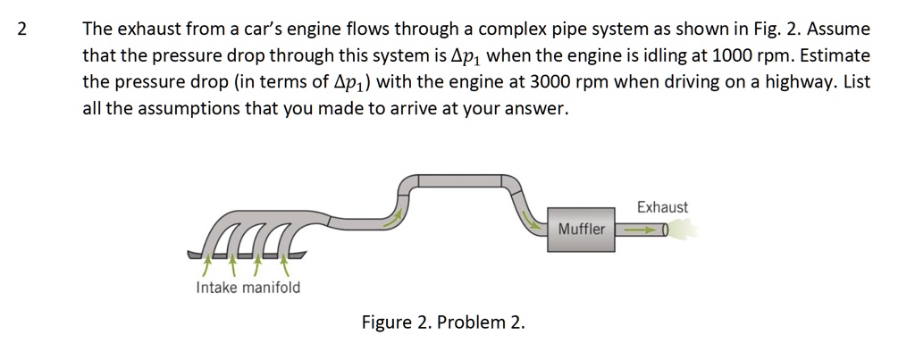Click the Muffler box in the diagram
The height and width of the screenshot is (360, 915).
click(x=582, y=230)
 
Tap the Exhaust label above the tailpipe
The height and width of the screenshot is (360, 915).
click(x=662, y=207)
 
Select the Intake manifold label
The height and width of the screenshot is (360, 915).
click(x=248, y=288)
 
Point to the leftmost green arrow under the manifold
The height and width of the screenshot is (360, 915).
click(x=207, y=264)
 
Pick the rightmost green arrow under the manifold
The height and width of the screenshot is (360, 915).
click(x=285, y=264)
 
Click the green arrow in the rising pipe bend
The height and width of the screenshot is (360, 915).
click(x=391, y=218)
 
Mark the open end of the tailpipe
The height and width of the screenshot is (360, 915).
click(x=666, y=230)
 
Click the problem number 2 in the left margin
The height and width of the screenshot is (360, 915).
click(x=23, y=29)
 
